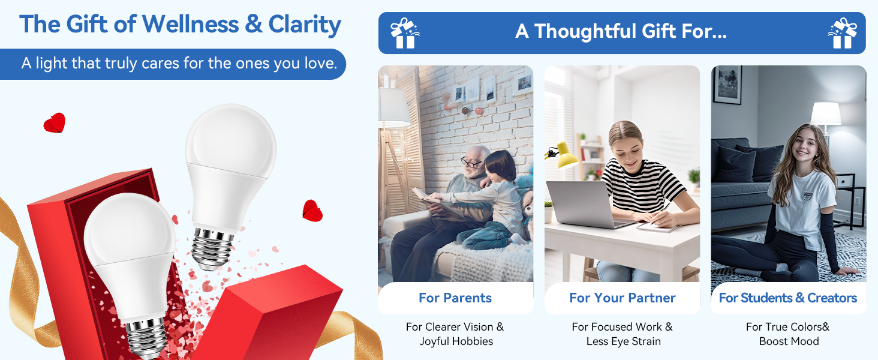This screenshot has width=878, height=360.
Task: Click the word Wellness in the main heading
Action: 190,25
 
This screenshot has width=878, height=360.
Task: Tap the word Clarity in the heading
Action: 305,25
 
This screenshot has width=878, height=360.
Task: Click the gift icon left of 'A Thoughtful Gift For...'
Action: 405,34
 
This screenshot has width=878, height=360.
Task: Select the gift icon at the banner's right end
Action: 843,34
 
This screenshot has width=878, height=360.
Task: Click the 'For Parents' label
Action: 455,298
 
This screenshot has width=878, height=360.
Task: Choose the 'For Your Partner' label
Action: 623,298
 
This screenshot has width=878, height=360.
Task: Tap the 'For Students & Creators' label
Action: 788,298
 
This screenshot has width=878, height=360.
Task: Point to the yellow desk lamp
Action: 563,155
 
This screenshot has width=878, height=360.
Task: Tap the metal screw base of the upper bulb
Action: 212,248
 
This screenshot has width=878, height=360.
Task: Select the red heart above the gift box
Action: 55,123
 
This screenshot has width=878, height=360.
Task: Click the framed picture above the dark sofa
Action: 727,85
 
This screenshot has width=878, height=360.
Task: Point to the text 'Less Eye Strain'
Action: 623,341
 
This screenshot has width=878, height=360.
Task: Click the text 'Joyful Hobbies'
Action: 456,341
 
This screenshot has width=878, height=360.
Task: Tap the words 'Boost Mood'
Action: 789,341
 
